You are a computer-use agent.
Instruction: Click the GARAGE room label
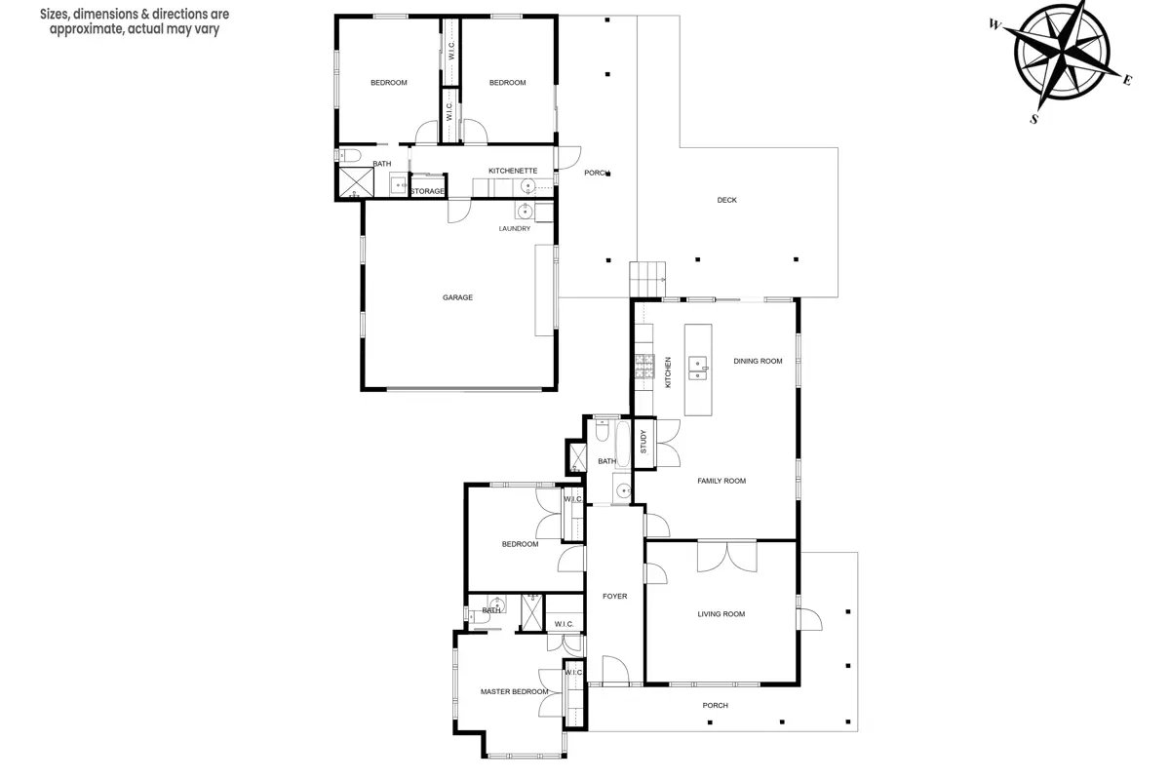coord(457,297)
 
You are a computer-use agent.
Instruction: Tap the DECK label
coord(727,200)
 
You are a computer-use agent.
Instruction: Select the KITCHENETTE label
coord(513,171)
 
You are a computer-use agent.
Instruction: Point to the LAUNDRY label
coord(515,229)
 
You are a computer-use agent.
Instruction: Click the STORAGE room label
coord(428,191)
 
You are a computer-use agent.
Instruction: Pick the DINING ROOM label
coord(758,361)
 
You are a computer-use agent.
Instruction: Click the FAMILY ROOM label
coord(721,482)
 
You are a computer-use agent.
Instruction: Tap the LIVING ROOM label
coord(721,614)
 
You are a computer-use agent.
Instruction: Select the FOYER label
coord(615,596)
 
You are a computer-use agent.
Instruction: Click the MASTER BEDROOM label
coord(515,691)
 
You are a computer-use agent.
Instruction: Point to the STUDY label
coord(643,442)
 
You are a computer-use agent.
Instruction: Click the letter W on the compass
coord(995,24)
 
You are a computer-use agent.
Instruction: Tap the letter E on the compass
coord(1127,80)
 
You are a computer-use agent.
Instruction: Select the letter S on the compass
coord(1034,120)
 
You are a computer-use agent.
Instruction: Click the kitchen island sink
coord(698,369)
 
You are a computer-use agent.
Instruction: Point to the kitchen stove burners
coord(644,367)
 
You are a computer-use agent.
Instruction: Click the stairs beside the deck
coord(647,280)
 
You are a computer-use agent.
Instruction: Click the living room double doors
coord(726,557)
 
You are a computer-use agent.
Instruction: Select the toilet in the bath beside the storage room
coord(350,156)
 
